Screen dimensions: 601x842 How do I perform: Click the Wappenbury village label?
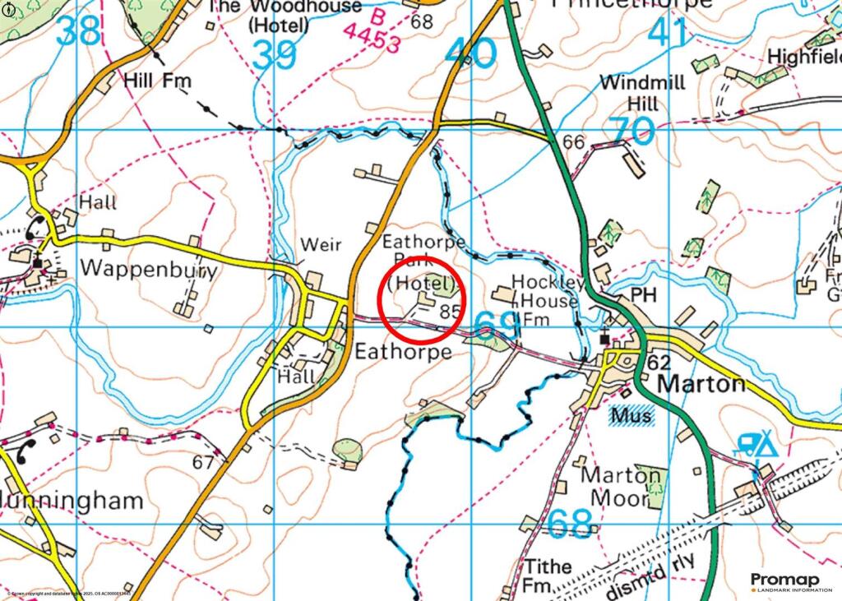click(148, 270)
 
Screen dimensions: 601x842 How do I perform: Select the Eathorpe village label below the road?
click(403, 352)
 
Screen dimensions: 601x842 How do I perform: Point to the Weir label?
click(320, 245)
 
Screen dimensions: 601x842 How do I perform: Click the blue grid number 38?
click(80, 31)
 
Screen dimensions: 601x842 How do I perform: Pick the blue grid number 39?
click(275, 56)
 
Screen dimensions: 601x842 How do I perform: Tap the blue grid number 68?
click(570, 524)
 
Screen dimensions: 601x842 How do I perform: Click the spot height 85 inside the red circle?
click(448, 312)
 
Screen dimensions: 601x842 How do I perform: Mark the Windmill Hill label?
click(629, 94)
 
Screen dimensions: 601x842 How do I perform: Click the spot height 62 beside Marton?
click(659, 361)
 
